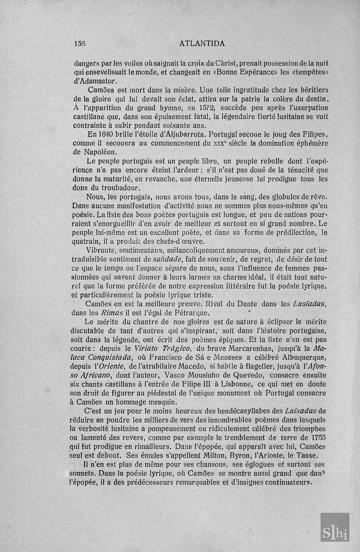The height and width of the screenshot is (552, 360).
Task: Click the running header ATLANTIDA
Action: click(x=202, y=44)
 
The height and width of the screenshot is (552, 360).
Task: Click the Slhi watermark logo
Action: click(x=335, y=531)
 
